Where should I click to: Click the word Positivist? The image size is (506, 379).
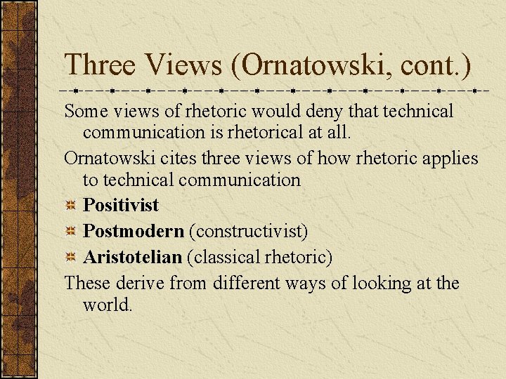121,206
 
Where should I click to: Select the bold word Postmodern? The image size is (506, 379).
134,232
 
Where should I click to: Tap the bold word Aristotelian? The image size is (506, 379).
132,258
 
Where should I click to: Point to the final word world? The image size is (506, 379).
107,305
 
